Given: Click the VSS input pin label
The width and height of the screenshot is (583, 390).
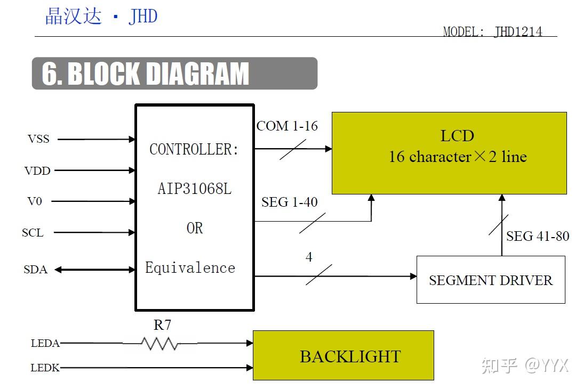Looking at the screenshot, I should pos(38,139).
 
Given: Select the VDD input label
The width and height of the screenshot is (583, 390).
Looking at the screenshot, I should pos(37,171).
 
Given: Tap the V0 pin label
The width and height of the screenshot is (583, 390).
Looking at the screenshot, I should pos(35,202).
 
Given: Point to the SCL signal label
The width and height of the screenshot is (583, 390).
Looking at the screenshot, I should pos(33,233).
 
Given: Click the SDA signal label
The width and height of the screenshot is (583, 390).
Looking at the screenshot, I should pos(35,270).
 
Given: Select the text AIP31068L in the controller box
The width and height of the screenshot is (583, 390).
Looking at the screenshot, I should pos(195,189).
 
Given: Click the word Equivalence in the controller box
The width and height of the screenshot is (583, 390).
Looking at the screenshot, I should pos(190,267).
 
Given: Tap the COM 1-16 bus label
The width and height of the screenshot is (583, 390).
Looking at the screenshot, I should pos(287,126).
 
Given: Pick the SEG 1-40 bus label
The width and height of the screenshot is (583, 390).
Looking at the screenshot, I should pos(289,202).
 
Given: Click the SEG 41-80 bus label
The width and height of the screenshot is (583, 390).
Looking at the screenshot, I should pos(538,236).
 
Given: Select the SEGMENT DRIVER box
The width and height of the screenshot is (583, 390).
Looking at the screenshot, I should pos(490,280).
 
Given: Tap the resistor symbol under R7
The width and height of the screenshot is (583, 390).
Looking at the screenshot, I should pos(160,344).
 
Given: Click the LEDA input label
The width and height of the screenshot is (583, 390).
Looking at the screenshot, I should pos(45,344).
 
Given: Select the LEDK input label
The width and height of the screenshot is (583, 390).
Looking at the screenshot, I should pos(45,368).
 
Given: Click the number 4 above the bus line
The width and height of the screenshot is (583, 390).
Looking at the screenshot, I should pos(309,257).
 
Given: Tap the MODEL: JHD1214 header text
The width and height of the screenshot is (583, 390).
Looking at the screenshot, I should pos(492,31).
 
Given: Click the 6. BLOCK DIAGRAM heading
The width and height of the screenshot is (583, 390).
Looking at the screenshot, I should pos(146,74).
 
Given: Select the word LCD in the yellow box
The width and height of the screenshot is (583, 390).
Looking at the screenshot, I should pos(457,136).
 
